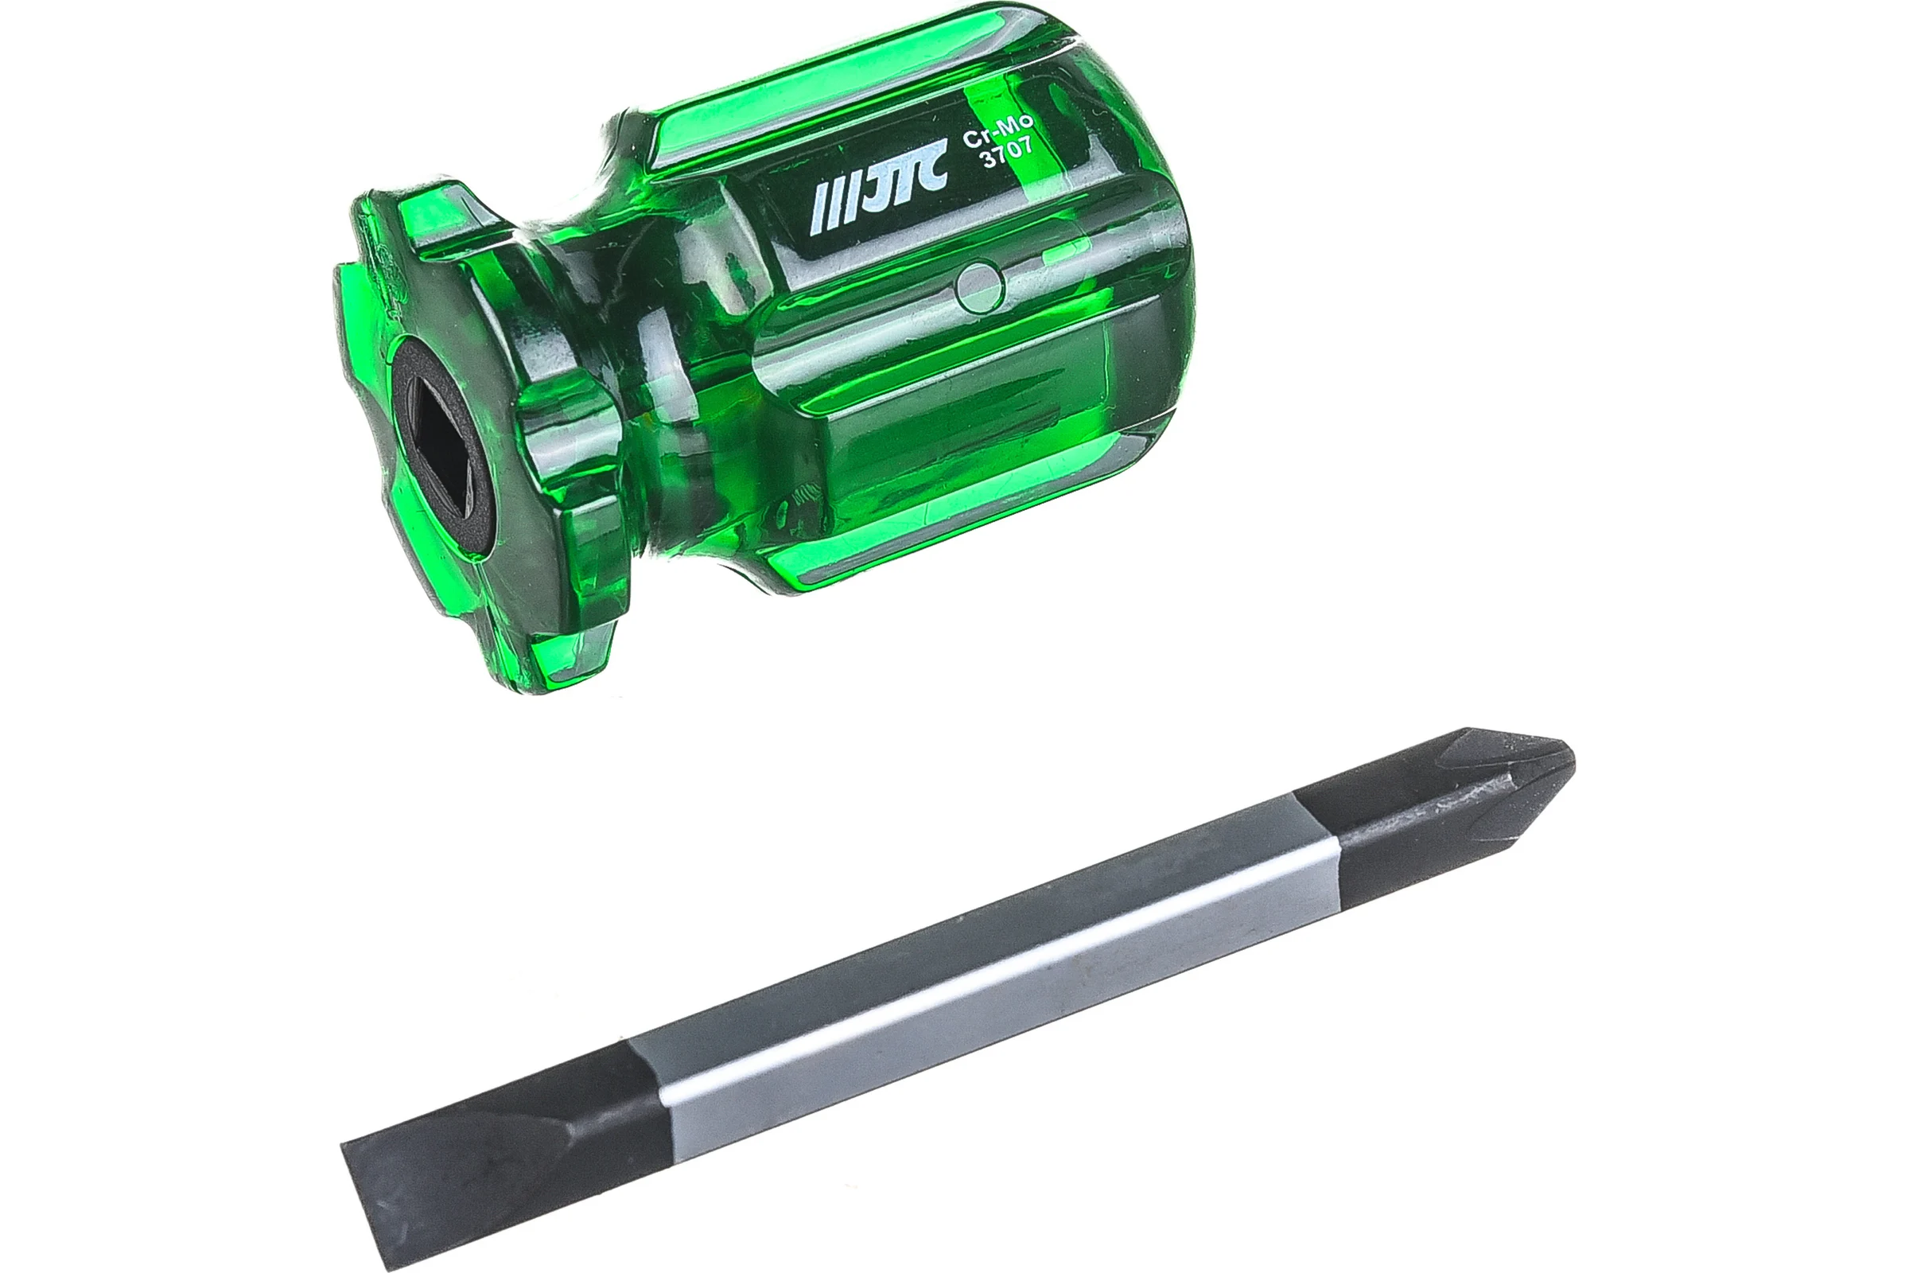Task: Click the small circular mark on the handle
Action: [980, 286]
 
